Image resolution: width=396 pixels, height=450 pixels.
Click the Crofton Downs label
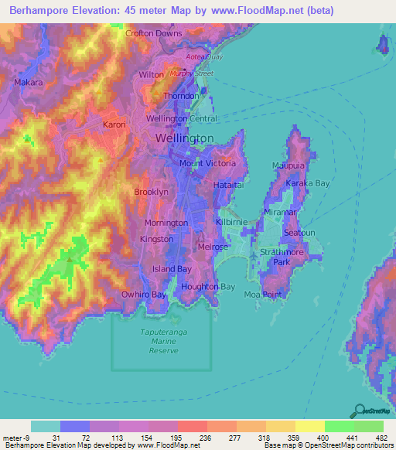click(154, 33)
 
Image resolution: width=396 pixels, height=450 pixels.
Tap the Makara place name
click(29, 82)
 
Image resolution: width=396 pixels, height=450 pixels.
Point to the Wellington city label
click(184, 138)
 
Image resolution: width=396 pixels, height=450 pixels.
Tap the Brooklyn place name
click(151, 192)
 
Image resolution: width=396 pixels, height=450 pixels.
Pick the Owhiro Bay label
click(144, 295)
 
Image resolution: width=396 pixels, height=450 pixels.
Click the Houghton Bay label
click(207, 287)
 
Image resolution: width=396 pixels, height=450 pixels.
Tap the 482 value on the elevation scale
click(381, 438)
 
